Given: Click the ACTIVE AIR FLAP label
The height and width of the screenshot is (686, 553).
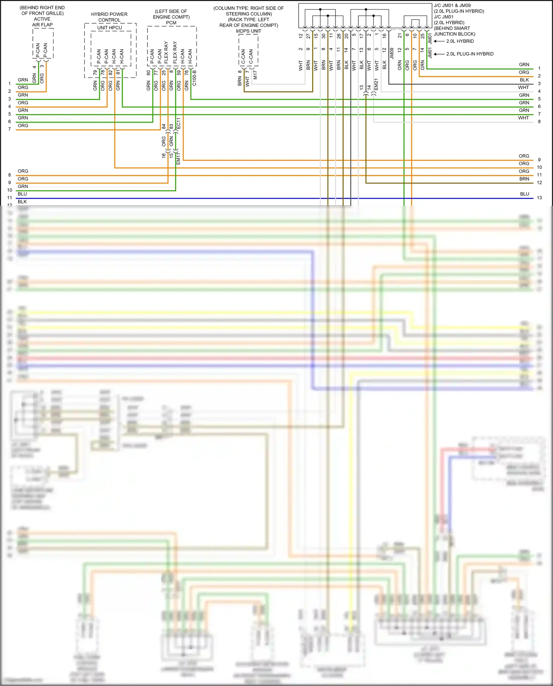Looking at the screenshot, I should [x=42, y=22].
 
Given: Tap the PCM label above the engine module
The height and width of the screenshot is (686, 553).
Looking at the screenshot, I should [x=171, y=23].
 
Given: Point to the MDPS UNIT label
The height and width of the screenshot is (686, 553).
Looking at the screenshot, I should [x=248, y=31].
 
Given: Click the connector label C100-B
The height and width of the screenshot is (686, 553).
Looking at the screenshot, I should [x=194, y=78].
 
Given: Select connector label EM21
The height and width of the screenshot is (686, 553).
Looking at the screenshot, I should [x=376, y=84].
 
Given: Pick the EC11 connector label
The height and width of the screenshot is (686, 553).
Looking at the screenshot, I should [x=178, y=123].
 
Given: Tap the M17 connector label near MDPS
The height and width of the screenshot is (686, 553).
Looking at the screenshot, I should [x=255, y=75].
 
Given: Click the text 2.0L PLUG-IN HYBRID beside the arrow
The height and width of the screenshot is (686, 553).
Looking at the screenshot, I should [x=470, y=54].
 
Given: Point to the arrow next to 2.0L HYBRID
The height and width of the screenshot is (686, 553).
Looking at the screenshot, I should [x=439, y=41].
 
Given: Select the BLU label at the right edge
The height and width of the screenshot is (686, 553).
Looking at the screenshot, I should [x=524, y=194].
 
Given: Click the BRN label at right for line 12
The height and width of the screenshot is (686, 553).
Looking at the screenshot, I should [x=524, y=179].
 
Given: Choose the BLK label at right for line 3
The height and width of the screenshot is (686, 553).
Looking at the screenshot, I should [x=524, y=80].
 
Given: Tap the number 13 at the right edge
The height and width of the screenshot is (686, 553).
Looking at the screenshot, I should [x=539, y=198].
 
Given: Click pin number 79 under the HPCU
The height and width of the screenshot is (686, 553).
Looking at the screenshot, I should [x=95, y=73].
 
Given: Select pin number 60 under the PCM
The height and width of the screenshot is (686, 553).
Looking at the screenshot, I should [x=149, y=73].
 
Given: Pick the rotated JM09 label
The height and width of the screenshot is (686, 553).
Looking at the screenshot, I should [x=392, y=53].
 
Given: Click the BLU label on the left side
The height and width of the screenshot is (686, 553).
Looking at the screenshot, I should [x=22, y=194].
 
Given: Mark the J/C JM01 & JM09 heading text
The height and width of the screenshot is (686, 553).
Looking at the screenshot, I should [x=452, y=6].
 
